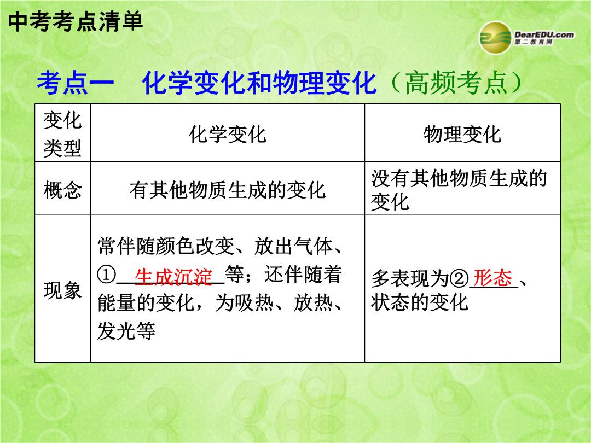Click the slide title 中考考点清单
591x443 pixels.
[x=76, y=21]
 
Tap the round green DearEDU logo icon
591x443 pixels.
[x=495, y=38]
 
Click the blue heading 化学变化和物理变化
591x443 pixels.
[x=259, y=83]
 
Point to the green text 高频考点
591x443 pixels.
[x=456, y=83]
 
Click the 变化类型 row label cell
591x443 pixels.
[x=62, y=134]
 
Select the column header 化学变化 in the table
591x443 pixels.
[x=228, y=134]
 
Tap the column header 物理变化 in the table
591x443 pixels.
[x=462, y=134]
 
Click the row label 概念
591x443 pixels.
[x=62, y=189]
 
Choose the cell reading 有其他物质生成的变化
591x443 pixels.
[x=228, y=189]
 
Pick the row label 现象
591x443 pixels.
[x=62, y=290]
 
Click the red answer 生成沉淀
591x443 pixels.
[x=173, y=277]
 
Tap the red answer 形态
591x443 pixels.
[x=493, y=278]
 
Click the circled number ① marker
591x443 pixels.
[x=106, y=275]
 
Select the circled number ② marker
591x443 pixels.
[x=460, y=279]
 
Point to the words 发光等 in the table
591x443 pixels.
[x=126, y=331]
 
